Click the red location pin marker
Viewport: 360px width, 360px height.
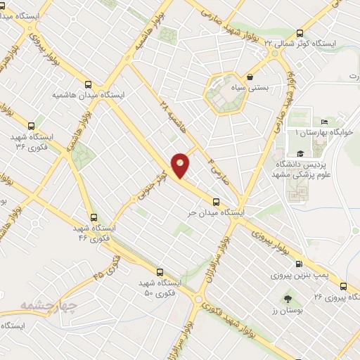click(181, 165)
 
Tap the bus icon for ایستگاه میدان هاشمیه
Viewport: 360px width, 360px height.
click(88, 82)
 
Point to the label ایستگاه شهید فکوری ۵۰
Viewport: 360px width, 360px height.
click(160, 286)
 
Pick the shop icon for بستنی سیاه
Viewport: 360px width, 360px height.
click(250, 76)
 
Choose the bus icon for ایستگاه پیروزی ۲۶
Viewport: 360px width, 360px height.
click(342, 286)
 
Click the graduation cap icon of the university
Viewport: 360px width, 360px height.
click(300, 153)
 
